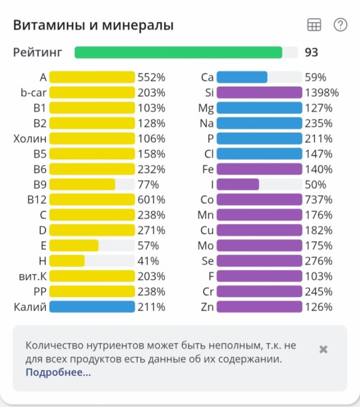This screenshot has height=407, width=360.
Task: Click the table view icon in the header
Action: pos(314,25)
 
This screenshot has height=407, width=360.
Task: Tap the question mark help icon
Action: pos(340,25)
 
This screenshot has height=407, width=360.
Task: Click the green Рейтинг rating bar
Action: pos(179,53)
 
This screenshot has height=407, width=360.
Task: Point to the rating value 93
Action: pos(311,53)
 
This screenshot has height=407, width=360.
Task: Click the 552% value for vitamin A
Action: pos(152,77)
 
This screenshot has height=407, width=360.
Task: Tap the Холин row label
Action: pos(30,138)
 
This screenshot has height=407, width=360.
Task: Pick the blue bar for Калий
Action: pos(92,307)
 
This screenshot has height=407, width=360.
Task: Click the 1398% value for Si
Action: pos(321,93)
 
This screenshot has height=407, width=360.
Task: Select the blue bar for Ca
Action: pos(242,77)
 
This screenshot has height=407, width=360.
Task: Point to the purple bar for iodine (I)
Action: pos(238,184)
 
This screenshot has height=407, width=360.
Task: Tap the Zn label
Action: pos(207,307)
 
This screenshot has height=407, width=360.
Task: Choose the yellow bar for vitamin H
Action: pos(67,261)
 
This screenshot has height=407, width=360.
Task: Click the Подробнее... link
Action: pos(58,372)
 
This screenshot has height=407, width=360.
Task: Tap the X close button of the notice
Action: pos(323,350)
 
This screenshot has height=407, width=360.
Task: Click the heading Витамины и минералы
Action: pos(93,25)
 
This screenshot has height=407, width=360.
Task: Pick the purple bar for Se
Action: pos(259,261)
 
